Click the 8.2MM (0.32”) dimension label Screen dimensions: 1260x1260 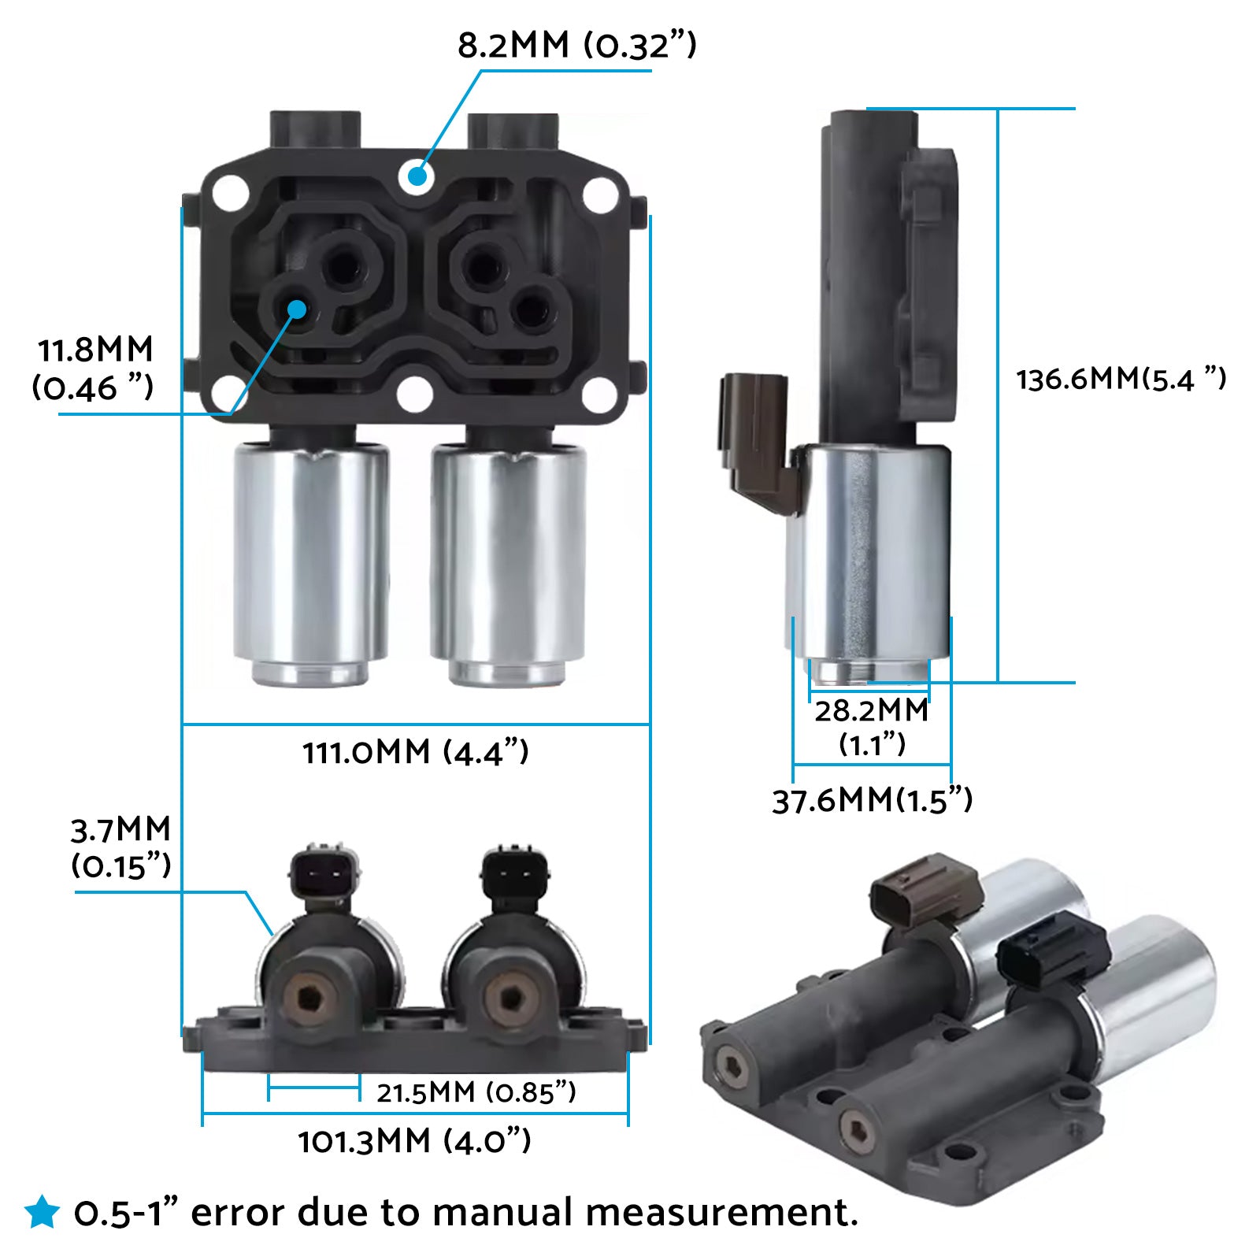576,45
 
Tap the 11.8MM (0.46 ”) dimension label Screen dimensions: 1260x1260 94,369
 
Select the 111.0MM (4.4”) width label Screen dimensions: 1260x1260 416,752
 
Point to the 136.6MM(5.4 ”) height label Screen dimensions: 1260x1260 1121,380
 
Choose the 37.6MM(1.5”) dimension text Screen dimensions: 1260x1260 872,801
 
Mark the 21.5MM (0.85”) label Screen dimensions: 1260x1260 476,1092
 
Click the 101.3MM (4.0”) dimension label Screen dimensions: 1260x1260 414,1141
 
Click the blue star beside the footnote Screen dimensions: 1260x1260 42,1212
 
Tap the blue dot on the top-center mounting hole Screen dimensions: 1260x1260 417,175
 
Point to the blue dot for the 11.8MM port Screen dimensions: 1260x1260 297,309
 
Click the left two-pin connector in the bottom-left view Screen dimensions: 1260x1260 323,874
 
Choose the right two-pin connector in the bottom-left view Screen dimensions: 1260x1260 513,874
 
